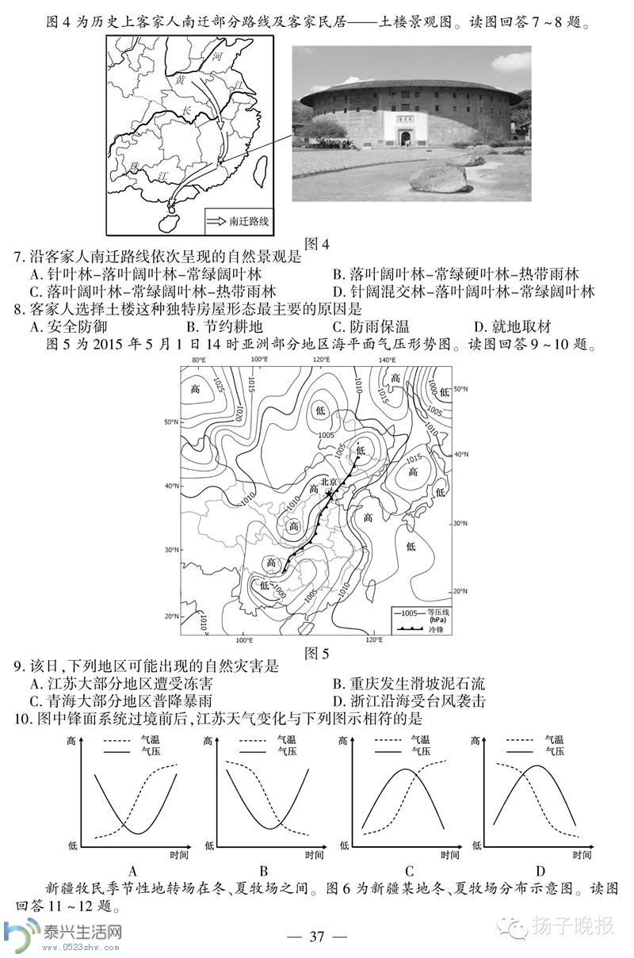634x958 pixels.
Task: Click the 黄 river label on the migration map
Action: [181, 81]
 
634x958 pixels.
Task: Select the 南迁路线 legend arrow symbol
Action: [216, 221]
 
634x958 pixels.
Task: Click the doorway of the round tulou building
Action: [405, 136]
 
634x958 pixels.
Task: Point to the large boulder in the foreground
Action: [439, 178]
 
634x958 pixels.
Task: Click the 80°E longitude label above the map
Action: [198, 361]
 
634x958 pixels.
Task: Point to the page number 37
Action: [317, 937]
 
